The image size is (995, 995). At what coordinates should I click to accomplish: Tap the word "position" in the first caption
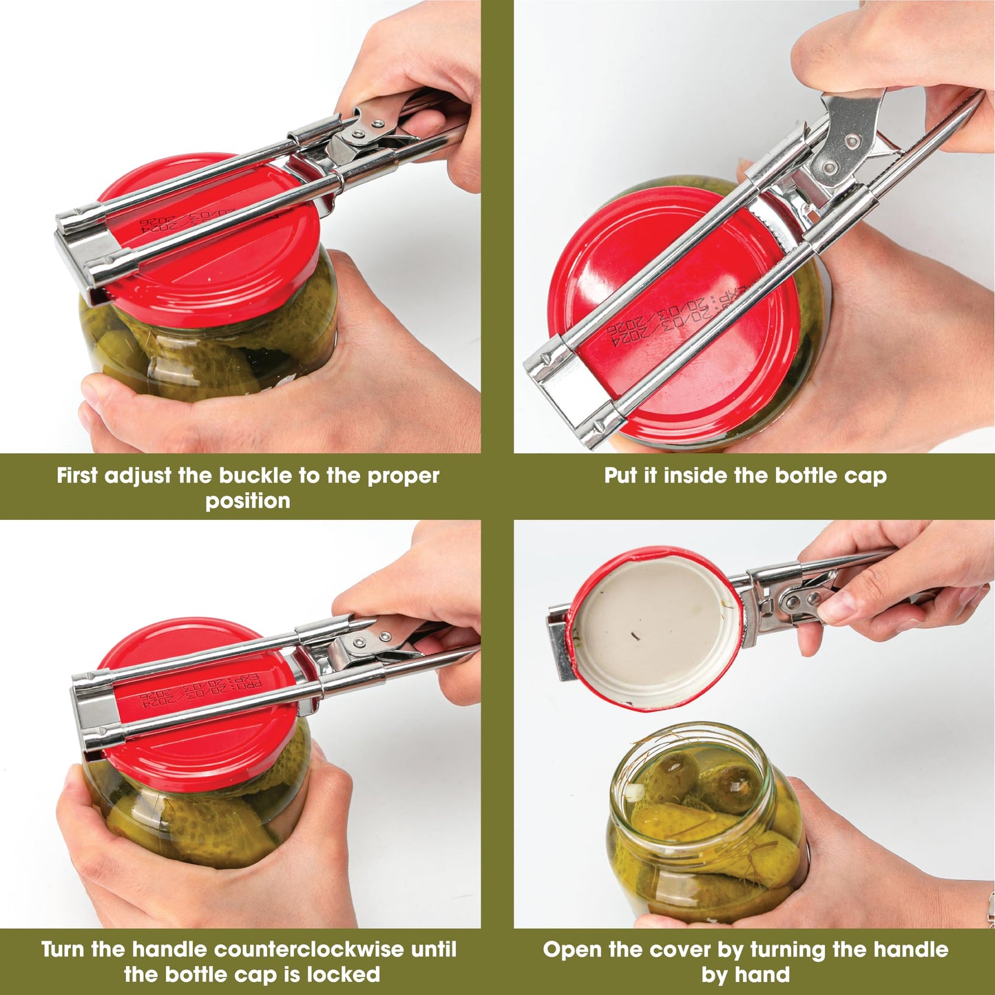coord(248,501)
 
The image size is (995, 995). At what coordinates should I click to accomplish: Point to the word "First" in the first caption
coord(78,476)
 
